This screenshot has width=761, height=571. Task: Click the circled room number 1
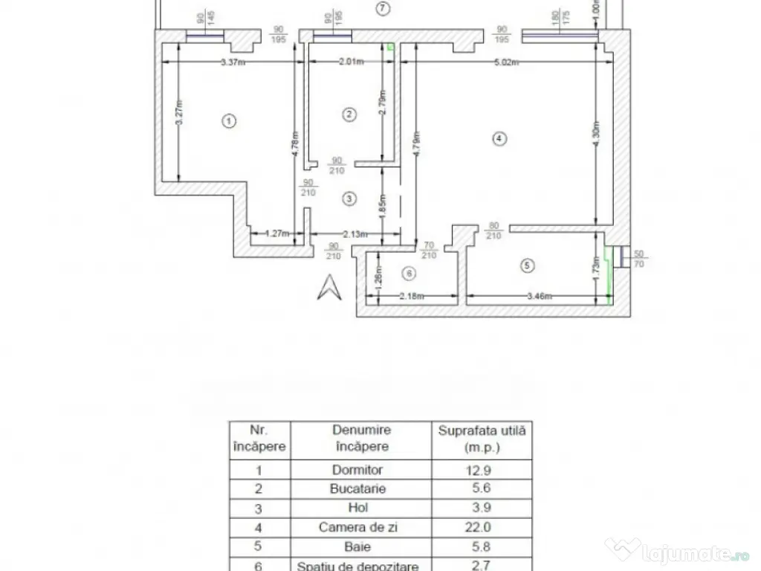click(230, 120)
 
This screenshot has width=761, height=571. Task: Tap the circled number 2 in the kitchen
click(349, 114)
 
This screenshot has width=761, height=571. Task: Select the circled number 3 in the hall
click(349, 199)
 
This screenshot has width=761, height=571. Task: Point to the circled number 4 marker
click(499, 138)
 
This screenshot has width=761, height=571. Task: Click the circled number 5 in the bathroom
click(528, 264)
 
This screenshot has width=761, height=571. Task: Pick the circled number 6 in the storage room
click(407, 274)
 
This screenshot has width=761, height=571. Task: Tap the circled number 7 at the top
click(382, 9)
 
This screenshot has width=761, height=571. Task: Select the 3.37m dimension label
click(235, 62)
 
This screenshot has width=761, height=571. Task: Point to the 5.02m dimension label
click(505, 62)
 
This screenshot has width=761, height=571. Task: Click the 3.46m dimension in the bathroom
click(540, 296)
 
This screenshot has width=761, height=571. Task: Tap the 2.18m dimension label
click(412, 296)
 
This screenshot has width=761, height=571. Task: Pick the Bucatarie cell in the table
click(361, 489)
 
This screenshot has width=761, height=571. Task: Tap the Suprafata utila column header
click(482, 439)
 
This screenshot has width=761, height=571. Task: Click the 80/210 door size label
click(494, 230)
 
